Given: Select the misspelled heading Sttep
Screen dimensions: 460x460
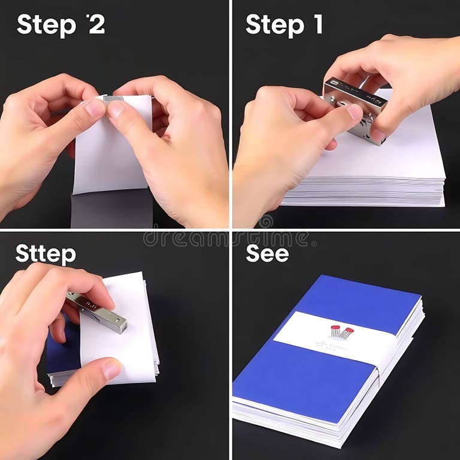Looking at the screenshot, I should pos(46,253).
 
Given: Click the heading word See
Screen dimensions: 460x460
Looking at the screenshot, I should pos(267,253).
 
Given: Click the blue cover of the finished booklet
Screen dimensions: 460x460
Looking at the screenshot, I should pos(299,383).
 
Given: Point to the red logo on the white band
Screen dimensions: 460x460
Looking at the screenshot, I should pos(339,331).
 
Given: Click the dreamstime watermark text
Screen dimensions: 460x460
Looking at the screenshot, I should pos(228,238).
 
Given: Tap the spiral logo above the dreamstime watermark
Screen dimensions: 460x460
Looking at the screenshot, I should pos(265,222).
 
